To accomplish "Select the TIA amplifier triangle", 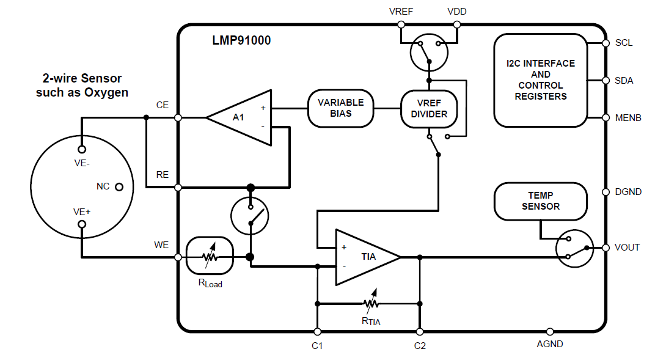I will tap(365, 257).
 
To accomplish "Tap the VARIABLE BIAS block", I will tap(340, 108).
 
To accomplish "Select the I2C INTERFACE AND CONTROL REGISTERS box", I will tap(540, 80).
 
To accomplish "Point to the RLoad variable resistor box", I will tap(210, 257).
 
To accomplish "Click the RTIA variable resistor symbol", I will tap(370, 303).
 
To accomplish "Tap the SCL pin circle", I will tap(606, 43).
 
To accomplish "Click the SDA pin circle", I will tap(606, 80).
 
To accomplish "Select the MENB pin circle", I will tap(606, 117).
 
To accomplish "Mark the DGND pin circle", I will tap(606, 192).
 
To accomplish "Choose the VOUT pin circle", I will tap(606, 248).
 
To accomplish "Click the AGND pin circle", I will tap(550, 331).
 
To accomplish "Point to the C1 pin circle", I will tap(317, 331).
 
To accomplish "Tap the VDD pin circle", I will tap(457, 24).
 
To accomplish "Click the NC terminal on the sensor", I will tap(119, 186).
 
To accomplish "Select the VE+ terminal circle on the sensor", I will tap(82, 224).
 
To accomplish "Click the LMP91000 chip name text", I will tap(241, 41).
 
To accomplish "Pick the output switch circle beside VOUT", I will tap(575, 248).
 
